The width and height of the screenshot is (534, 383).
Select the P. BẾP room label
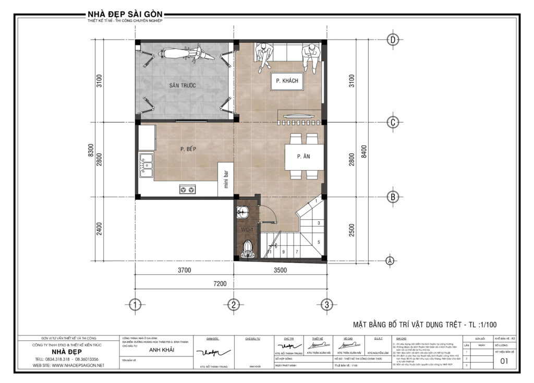(x=188, y=149)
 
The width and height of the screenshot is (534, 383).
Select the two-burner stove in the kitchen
(x=188, y=189)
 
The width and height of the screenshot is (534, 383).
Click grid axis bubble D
(x=393, y=40)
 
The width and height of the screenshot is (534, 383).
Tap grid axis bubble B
(x=393, y=197)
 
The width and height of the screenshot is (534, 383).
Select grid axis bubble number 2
(x=234, y=304)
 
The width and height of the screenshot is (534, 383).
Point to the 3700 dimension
(x=184, y=270)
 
